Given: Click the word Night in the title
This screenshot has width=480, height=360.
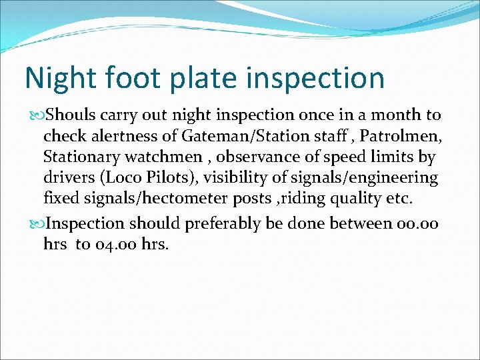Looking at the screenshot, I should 56,78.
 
